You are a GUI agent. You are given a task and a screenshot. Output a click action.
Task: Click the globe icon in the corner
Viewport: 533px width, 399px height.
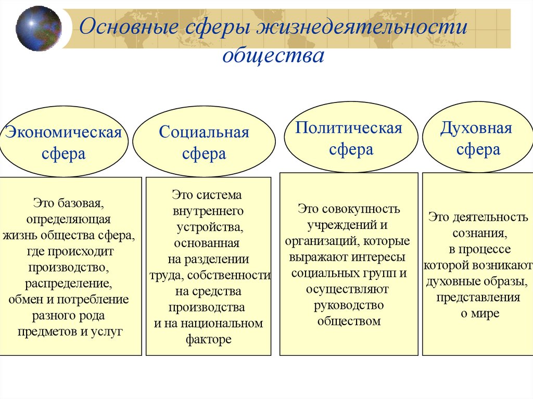coord(39,28)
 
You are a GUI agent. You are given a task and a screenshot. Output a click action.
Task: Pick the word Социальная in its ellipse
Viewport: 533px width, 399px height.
coord(204,133)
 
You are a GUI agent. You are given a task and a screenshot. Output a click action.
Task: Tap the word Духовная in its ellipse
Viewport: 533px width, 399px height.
coord(476,128)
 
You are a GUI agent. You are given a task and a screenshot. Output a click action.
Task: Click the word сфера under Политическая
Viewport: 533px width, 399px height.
coord(351,150)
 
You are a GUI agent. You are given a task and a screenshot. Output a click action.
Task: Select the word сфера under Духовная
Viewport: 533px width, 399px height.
coord(478,150)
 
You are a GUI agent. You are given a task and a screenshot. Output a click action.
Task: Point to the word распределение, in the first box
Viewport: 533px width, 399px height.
coord(69,284)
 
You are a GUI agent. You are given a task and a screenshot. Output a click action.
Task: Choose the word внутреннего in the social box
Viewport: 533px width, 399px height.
coord(208,211)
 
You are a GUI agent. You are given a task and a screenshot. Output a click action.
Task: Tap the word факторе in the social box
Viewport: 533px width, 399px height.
coord(208,340)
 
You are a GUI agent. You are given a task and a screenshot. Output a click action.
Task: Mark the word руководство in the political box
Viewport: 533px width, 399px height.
coord(349,305)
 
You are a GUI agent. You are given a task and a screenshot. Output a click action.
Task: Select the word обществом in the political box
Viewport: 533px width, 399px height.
coord(349,321)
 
